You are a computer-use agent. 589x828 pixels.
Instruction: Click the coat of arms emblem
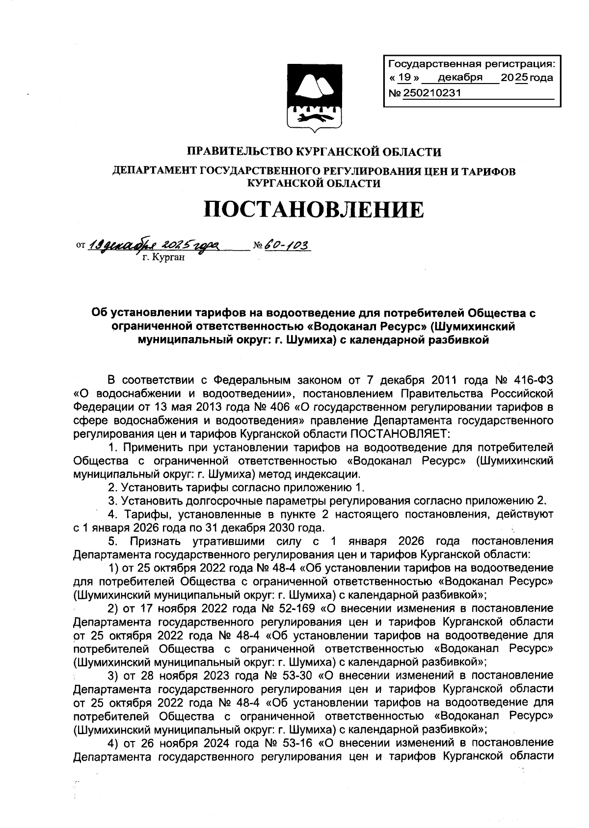tap(308, 98)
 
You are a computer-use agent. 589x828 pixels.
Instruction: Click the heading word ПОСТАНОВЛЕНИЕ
tap(313, 210)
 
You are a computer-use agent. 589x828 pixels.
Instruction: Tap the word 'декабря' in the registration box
tap(460, 78)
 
